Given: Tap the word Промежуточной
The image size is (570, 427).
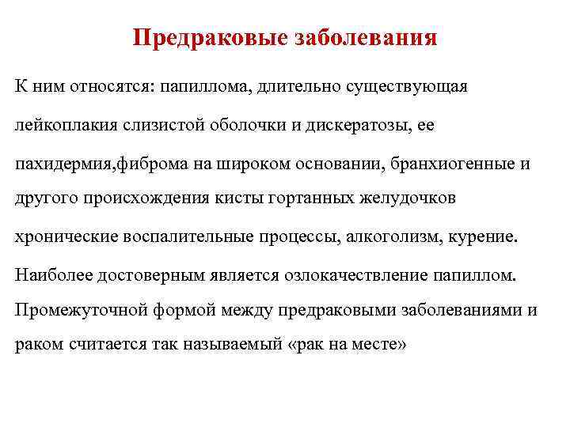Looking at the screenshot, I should click(69, 311).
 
